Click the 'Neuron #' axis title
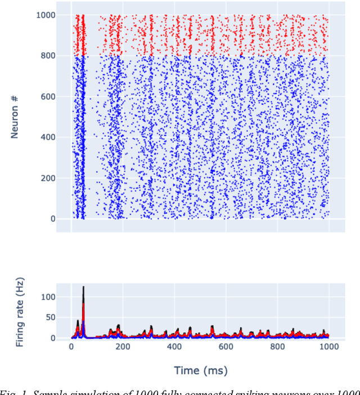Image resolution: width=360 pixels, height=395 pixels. pos(15,117)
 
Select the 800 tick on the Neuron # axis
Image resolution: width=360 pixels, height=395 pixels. pos(47,56)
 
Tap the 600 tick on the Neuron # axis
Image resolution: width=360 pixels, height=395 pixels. pos(47,97)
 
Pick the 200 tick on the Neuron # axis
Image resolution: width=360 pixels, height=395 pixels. pos(47,178)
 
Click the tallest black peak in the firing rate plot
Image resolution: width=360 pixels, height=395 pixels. pos(83,288)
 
